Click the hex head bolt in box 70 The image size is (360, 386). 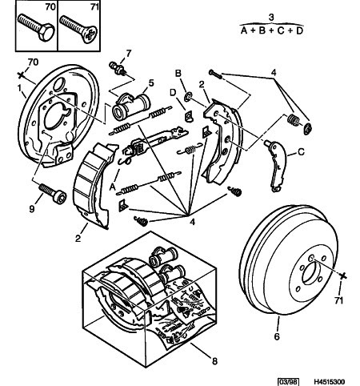[x=36, y=27]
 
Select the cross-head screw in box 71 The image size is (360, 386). [x=78, y=29]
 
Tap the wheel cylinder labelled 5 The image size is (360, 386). [x=131, y=106]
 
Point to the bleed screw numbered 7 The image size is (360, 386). [x=118, y=68]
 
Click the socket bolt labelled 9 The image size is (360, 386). [x=52, y=194]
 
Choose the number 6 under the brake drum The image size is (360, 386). [x=277, y=336]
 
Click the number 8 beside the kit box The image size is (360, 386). [x=214, y=361]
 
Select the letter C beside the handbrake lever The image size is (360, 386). [x=301, y=152]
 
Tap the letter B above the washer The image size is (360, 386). [x=178, y=73]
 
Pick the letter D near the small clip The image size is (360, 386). [x=174, y=93]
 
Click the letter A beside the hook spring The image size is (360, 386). [x=113, y=187]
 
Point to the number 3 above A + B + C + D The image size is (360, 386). [x=271, y=18]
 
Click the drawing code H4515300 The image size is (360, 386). [x=329, y=382]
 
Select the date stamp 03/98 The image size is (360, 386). [x=288, y=382]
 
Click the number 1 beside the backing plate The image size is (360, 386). [x=19, y=87]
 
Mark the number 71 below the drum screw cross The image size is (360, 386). [x=338, y=301]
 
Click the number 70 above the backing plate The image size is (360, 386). [x=33, y=62]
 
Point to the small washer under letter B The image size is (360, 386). [x=188, y=97]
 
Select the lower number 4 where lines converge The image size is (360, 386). [x=193, y=222]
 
